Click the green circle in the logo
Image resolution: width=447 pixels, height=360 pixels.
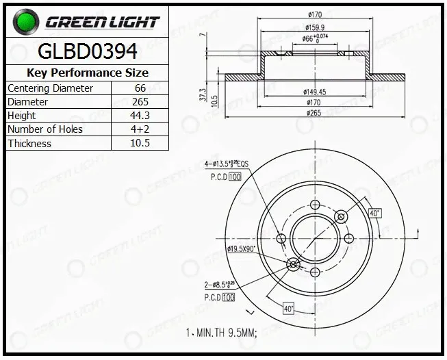click(26, 22)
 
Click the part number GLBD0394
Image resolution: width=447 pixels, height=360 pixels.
click(88, 51)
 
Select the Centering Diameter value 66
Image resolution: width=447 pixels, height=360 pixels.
click(140, 88)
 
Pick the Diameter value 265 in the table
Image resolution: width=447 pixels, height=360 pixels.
click(140, 102)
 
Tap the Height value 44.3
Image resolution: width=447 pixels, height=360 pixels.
click(140, 116)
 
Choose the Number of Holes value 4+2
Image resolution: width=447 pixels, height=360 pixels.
click(140, 129)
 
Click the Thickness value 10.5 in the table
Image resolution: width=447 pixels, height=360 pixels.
click(140, 143)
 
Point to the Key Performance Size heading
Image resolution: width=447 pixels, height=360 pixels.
click(88, 73)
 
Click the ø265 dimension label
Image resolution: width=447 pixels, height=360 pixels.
click(314, 113)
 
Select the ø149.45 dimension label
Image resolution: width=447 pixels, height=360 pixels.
click(314, 92)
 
